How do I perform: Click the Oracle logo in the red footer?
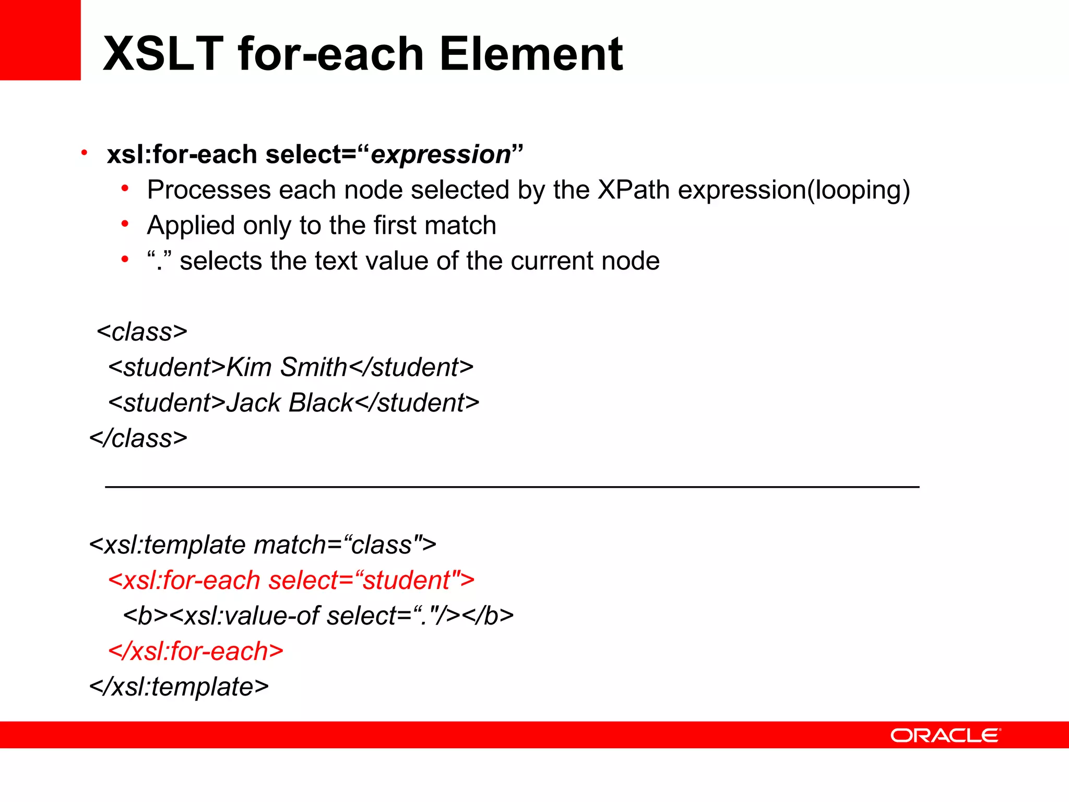click(945, 735)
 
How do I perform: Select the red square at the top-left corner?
click(40, 40)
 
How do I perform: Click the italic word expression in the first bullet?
click(441, 155)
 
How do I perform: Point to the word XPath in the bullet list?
click(633, 190)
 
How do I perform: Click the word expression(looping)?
click(794, 191)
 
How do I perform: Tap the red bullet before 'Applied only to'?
click(125, 224)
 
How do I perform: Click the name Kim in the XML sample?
click(249, 367)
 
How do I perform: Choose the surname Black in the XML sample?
click(320, 403)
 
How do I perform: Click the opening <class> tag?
click(142, 332)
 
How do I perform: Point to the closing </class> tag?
click(138, 438)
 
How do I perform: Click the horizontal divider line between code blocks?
click(512, 487)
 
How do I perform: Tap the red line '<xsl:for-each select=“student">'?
click(291, 581)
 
